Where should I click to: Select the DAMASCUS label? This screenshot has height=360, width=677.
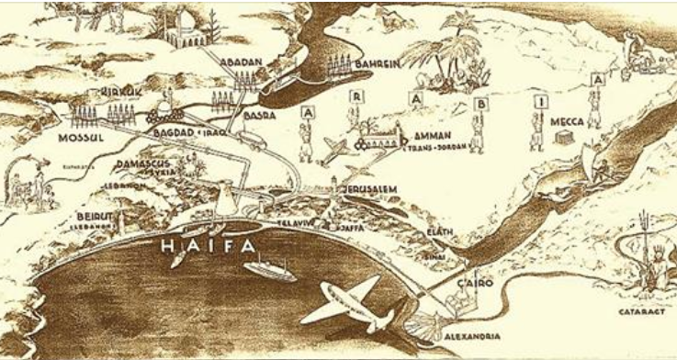(142, 163)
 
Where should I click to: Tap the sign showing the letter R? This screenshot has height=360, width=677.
(354, 96)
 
